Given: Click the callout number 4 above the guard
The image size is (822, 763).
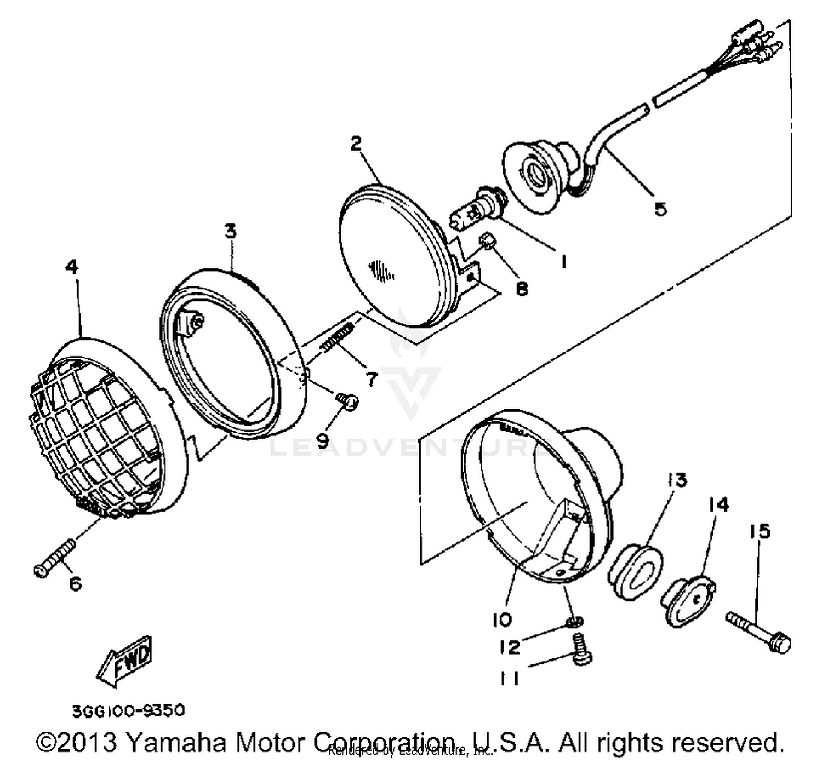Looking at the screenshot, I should [x=72, y=267].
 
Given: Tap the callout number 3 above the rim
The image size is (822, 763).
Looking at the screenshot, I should [x=231, y=231].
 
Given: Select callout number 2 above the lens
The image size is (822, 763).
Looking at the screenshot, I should [x=356, y=144].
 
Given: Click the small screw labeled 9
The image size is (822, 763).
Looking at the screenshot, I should [x=347, y=401].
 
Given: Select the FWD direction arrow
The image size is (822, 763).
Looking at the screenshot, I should [x=125, y=661].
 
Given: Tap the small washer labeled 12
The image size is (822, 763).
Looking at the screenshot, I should [x=574, y=622].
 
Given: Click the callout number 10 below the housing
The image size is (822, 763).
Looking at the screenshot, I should [x=501, y=620].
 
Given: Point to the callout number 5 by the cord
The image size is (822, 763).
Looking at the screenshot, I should [x=660, y=209].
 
